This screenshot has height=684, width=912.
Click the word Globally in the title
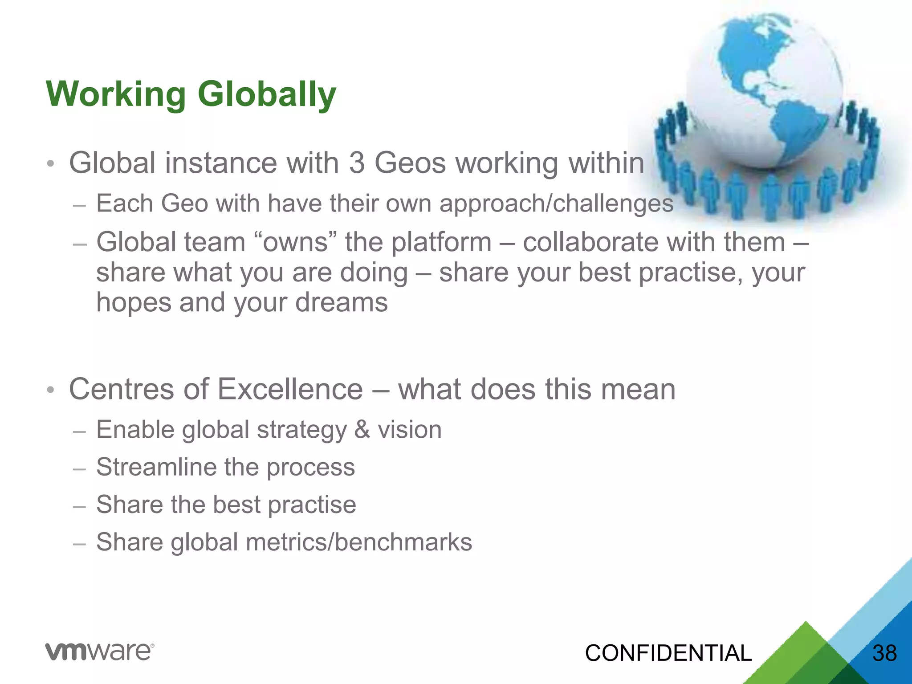coord(267,95)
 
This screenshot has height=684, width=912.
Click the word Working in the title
coord(116,95)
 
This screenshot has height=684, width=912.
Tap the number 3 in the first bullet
coord(357,163)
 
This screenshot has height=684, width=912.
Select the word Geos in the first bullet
coord(410,163)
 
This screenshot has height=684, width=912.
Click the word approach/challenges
coord(556,204)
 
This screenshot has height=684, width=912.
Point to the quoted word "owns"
coord(295,243)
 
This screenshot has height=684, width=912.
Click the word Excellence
coord(290,389)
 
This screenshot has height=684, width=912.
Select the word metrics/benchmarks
coord(358,542)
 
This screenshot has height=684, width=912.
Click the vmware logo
coord(100,651)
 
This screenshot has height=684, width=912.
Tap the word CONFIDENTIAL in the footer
coord(668,653)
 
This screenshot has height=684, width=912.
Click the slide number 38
coord(884,653)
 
